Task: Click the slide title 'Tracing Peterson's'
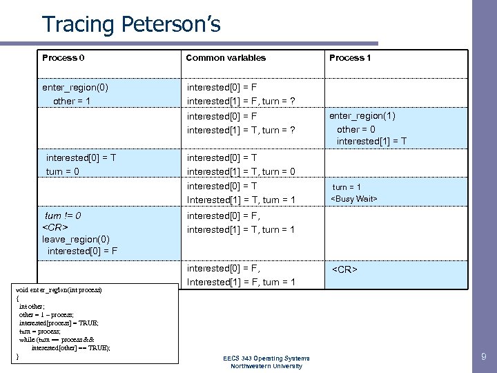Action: pyautogui.click(x=131, y=24)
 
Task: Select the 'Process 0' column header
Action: pyautogui.click(x=64, y=57)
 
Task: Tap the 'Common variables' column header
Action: pyautogui.click(x=226, y=57)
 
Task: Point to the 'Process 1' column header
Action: pyautogui.click(x=350, y=57)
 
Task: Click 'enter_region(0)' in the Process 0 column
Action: pyautogui.click(x=75, y=88)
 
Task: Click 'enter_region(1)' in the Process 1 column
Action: pyautogui.click(x=362, y=115)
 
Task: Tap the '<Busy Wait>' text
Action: pyautogui.click(x=355, y=199)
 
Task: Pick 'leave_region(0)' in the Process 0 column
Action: pyautogui.click(x=76, y=238)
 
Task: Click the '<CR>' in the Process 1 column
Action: pyautogui.click(x=345, y=269)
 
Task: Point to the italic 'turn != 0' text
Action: pyautogui.click(x=63, y=216)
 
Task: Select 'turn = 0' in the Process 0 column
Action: pyautogui.click(x=63, y=171)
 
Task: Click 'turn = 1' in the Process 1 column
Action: pyautogui.click(x=347, y=186)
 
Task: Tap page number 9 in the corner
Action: pyautogui.click(x=483, y=357)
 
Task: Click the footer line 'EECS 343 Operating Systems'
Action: pyautogui.click(x=266, y=358)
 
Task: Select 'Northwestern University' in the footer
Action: pyautogui.click(x=266, y=365)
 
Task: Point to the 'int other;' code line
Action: pyautogui.click(x=32, y=306)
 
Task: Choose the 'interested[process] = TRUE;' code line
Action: pyautogui.click(x=59, y=323)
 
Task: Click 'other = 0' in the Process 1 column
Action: pyautogui.click(x=356, y=129)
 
